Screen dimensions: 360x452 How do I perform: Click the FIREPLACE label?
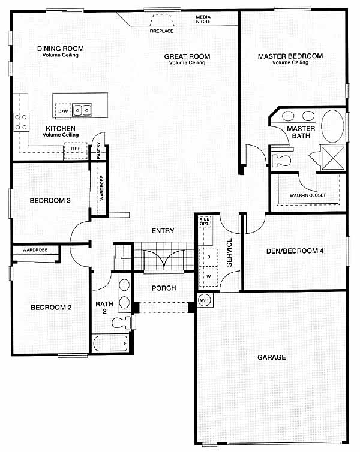pos(161,31)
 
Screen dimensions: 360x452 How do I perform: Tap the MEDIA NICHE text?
pos(203,19)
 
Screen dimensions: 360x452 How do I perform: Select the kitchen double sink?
pos(82,110)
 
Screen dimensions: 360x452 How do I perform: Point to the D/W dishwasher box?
pos(63,111)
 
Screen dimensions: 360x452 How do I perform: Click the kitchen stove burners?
pos(21,122)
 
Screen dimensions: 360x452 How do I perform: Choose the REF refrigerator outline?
pos(76,150)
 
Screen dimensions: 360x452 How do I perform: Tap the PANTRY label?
pos(98,150)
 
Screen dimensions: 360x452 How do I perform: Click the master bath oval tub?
pos(332,126)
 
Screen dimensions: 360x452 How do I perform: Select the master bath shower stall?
pos(332,158)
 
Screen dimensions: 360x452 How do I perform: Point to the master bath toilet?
pos(281,160)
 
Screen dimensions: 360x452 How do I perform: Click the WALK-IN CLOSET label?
pos(307,195)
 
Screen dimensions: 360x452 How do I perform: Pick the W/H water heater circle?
pos(204,300)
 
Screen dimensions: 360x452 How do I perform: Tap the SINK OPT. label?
pos(205,222)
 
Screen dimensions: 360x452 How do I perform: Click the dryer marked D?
pos(208,257)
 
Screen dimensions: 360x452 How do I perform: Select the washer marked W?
pos(208,277)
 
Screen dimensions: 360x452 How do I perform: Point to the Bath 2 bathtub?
pos(110,343)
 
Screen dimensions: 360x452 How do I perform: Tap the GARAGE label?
pos(271,357)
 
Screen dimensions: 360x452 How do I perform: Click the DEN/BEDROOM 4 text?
pos(295,251)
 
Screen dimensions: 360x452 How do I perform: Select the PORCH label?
pos(164,288)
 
